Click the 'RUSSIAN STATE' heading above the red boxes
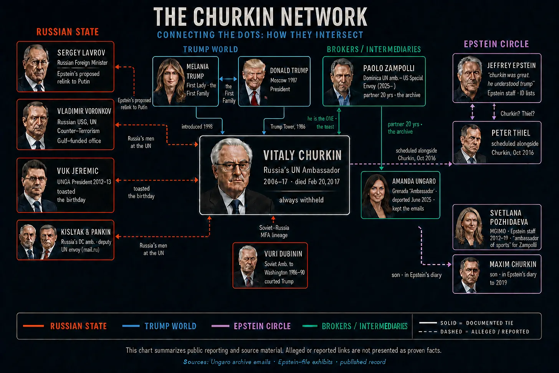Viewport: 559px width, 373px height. pos(68,32)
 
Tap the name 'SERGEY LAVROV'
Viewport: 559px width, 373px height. pos(81,53)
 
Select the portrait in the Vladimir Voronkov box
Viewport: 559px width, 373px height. pos(35,125)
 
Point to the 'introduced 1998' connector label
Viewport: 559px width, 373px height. pos(197,127)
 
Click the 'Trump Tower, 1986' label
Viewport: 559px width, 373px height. pos(288,127)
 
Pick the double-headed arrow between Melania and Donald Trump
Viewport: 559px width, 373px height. pos(228,79)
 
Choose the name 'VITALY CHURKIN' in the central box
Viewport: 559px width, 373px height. pos(303,155)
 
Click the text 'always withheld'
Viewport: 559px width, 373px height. pos(301,200)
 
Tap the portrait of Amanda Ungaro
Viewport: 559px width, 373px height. pos(376,196)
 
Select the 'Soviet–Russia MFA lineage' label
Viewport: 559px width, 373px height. pos(274,231)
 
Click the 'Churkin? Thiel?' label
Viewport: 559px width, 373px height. pos(518,114)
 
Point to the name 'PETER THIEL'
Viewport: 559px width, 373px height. pos(511,133)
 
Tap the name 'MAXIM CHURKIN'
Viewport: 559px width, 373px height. pos(513,264)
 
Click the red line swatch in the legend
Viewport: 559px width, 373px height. pos(33,326)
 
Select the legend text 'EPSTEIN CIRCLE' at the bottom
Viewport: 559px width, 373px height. pos(262,326)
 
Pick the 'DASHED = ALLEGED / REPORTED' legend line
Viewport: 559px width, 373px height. pos(474,332)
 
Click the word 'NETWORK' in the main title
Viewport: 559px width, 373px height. pos(324,17)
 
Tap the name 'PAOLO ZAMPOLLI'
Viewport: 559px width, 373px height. pos(389,68)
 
